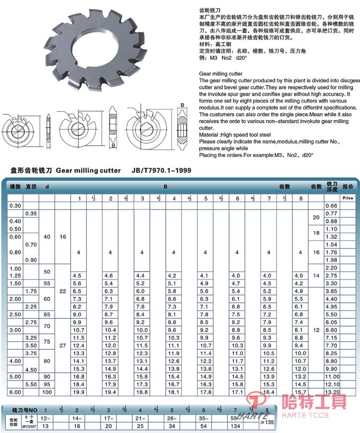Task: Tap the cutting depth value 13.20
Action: (331, 392)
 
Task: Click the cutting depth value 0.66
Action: (331, 205)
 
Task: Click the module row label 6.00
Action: (15, 392)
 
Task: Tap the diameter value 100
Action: (47, 392)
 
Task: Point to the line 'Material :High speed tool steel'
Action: (235, 135)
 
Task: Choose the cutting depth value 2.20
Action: (331, 268)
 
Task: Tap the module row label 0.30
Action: (15, 205)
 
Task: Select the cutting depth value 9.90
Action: (331, 368)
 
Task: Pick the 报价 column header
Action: (347, 187)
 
